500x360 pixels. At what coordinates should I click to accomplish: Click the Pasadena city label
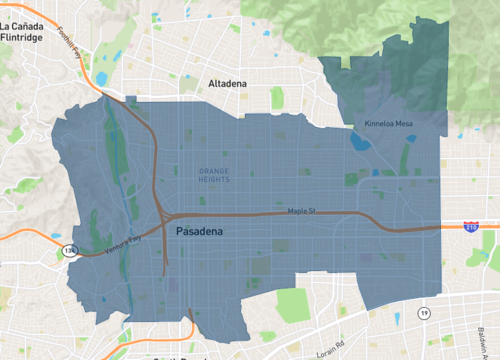199,231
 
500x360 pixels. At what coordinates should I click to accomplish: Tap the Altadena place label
227,84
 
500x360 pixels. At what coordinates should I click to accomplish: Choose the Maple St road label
301,211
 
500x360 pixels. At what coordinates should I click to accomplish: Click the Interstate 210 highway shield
469,228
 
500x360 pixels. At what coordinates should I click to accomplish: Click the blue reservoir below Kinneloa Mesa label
359,141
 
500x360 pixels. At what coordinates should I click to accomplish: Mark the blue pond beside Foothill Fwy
101,78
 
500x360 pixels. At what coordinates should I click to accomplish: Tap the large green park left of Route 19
293,303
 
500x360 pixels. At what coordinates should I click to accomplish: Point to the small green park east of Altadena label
276,99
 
